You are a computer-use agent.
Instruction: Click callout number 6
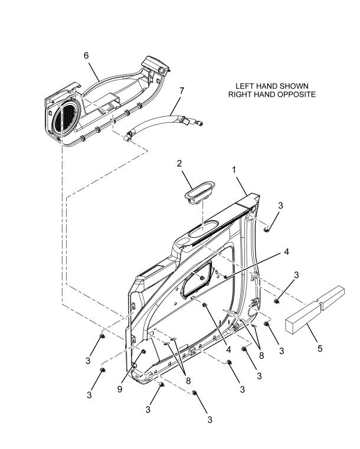(x=86, y=55)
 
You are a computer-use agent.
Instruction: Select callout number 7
(x=182, y=90)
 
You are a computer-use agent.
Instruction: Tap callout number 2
(x=179, y=163)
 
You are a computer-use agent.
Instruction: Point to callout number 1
(x=234, y=170)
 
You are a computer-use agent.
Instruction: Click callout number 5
(x=320, y=349)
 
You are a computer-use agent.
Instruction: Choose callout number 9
(x=120, y=389)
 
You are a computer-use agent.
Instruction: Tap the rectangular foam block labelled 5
(x=315, y=310)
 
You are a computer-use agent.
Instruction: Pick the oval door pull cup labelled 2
(x=199, y=192)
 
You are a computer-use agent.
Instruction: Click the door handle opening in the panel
(x=198, y=278)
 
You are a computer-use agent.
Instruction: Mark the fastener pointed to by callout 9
(x=143, y=352)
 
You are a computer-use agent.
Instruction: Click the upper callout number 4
(x=286, y=252)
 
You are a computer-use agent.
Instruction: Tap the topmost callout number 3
(x=281, y=205)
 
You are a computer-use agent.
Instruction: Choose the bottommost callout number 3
(x=210, y=419)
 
